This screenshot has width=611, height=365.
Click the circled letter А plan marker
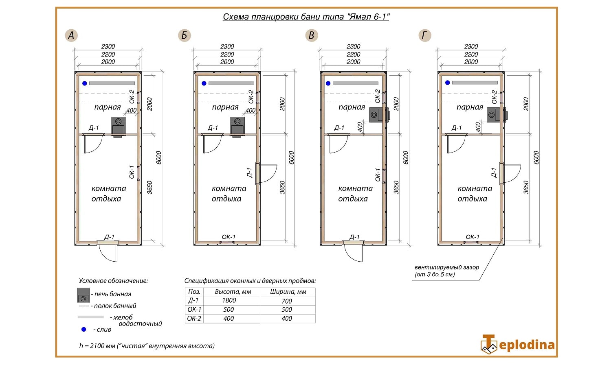point(71,35)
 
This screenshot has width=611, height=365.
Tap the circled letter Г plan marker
point(425,35)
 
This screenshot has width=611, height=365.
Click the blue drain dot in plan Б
point(204,83)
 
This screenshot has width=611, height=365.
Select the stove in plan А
point(118,127)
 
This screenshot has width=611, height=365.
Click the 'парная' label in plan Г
point(470,107)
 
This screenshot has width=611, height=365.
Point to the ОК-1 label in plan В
point(378,175)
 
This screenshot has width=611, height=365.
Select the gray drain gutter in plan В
point(356,83)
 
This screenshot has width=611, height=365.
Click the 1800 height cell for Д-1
point(229,300)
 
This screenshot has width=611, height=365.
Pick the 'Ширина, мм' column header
point(288,292)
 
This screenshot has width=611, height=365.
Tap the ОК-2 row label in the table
point(194,319)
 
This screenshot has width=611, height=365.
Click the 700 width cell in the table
point(287,301)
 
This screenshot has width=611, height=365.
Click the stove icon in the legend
point(83,295)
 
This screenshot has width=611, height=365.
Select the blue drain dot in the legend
point(84,330)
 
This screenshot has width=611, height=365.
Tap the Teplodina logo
point(517,344)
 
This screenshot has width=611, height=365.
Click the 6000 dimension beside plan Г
point(536,158)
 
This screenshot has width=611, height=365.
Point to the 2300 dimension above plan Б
point(227,46)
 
